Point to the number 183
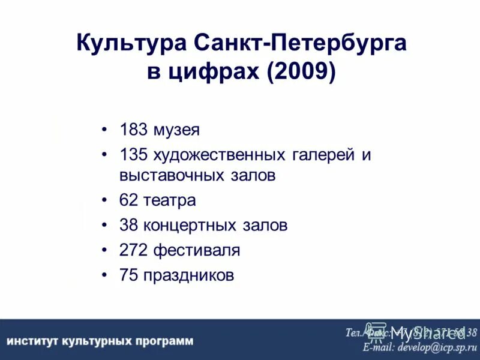[x=133, y=130]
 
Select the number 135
[x=133, y=155]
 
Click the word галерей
[x=323, y=155]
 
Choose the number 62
[x=128, y=200]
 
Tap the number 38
[x=128, y=225]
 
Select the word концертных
[x=190, y=225]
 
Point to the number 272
[x=133, y=250]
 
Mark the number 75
[x=128, y=275]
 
